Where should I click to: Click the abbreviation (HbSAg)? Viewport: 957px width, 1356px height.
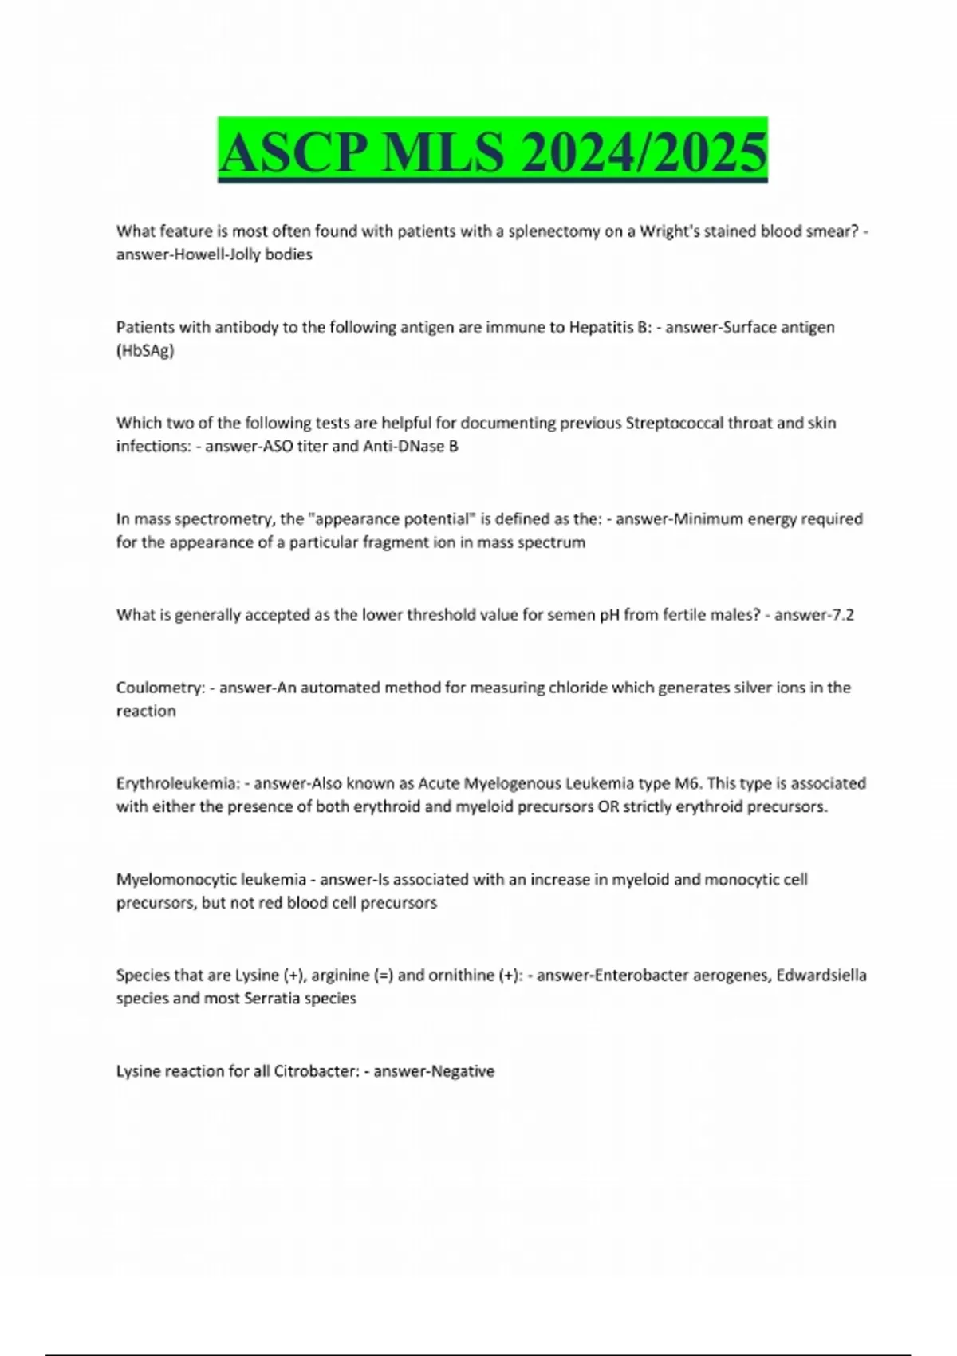pyautogui.click(x=145, y=350)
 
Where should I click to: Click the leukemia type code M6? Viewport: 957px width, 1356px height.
pyautogui.click(x=687, y=783)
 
